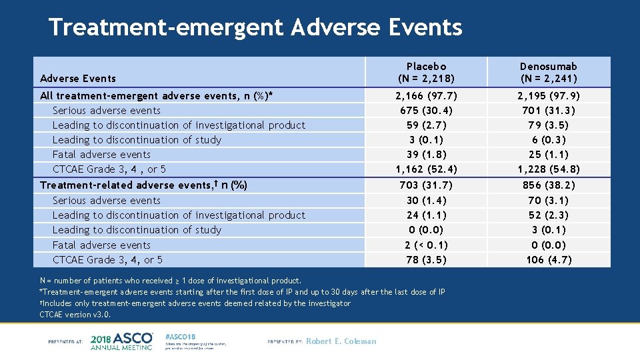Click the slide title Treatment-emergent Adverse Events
tap(255, 27)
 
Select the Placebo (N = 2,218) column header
tap(426, 73)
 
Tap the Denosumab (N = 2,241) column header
tap(549, 73)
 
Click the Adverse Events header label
tap(78, 79)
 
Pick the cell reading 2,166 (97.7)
tap(426, 96)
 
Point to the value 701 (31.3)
tap(549, 111)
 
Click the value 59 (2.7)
tap(426, 125)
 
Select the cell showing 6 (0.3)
tap(549, 140)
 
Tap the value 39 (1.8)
tap(426, 155)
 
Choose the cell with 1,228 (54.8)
tap(549, 169)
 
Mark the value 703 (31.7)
tap(426, 185)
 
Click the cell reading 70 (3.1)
tap(549, 200)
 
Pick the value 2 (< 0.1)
tap(426, 245)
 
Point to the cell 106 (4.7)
tap(549, 260)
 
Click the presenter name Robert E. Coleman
tap(341, 341)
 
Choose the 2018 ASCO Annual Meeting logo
tap(121, 341)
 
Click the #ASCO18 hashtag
tap(181, 336)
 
